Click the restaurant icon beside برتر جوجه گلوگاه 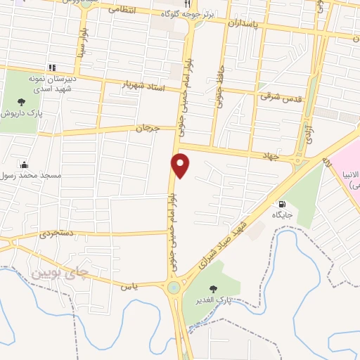click(x=186, y=4)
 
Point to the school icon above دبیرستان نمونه click(x=51, y=67)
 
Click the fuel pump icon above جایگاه click(x=283, y=204)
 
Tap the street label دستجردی click(x=56, y=234)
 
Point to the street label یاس click(x=128, y=286)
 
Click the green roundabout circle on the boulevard click(x=173, y=287)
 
